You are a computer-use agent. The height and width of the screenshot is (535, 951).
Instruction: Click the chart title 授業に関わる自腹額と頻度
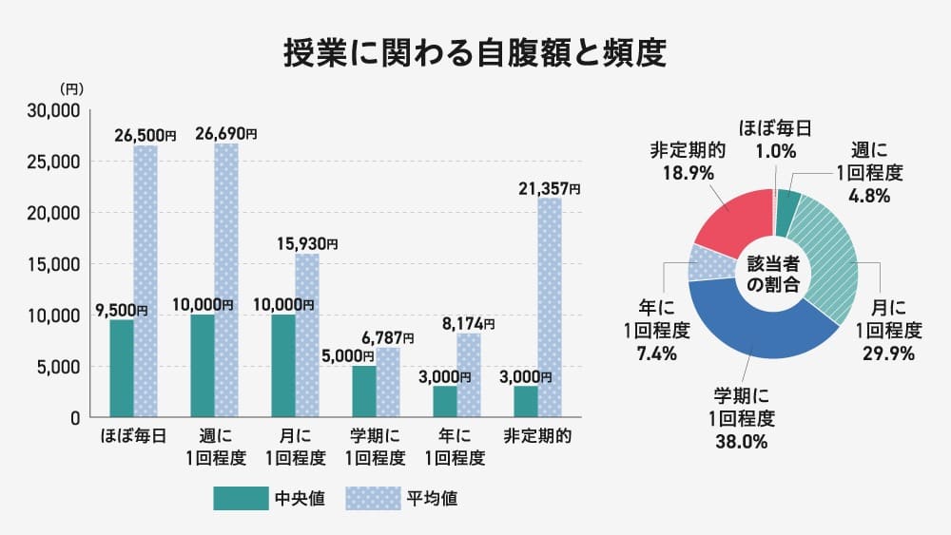click(475, 53)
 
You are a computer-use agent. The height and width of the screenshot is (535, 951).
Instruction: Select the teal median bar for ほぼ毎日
click(122, 368)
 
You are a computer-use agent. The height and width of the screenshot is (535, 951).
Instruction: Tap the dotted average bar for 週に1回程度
click(226, 280)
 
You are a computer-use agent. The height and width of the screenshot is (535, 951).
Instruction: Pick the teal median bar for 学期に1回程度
click(364, 391)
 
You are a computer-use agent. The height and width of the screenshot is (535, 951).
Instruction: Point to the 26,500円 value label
click(146, 136)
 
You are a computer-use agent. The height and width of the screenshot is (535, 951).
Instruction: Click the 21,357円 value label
click(549, 189)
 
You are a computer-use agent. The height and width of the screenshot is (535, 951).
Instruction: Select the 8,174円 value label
click(468, 324)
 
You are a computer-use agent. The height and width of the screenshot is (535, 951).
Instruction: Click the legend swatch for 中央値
click(241, 498)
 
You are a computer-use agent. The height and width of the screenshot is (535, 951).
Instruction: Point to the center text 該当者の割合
click(773, 274)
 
